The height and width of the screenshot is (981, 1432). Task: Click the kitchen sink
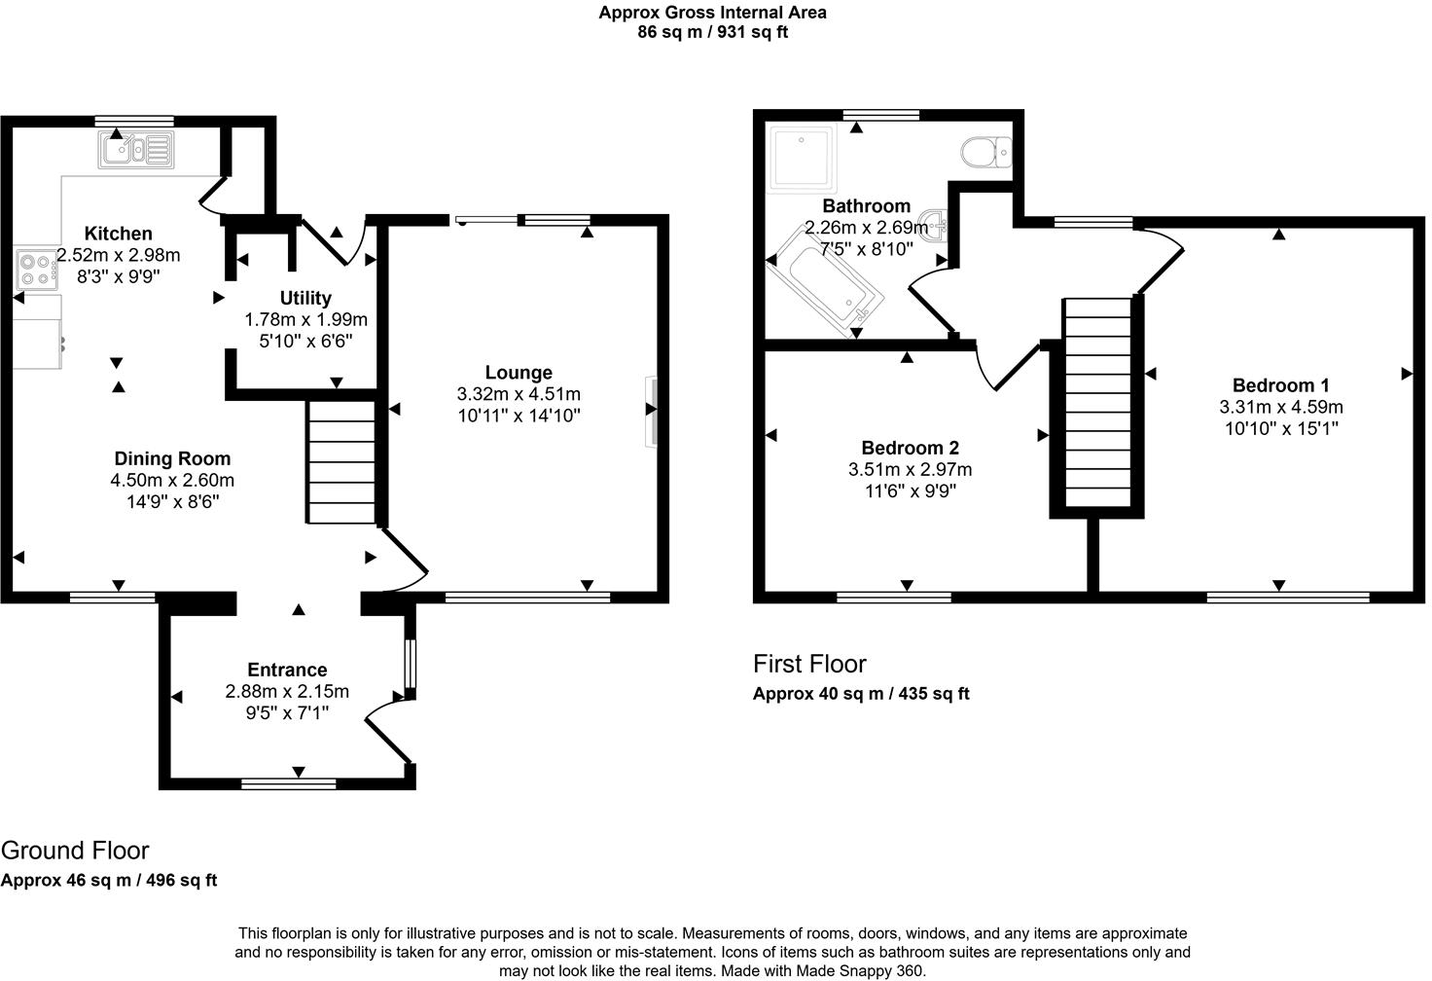point(135,150)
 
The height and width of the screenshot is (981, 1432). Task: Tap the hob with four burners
point(36,270)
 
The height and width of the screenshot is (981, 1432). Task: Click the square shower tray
point(801,157)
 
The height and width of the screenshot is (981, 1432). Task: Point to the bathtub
point(825,283)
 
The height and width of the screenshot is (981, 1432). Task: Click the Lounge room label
point(519,373)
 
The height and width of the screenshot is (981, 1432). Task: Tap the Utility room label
point(305,298)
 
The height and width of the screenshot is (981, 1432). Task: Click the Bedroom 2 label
point(910,448)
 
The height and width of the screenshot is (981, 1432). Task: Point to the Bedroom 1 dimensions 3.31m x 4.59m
point(1280,407)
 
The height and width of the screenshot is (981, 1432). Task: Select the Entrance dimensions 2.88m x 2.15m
point(287,692)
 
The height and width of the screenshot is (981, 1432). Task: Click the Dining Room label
point(172,458)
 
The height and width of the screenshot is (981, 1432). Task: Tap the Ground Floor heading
point(75,850)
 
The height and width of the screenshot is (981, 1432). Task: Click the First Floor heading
point(809,664)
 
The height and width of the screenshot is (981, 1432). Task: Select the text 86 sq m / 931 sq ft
point(712,32)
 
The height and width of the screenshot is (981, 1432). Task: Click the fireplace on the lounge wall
point(651,411)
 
